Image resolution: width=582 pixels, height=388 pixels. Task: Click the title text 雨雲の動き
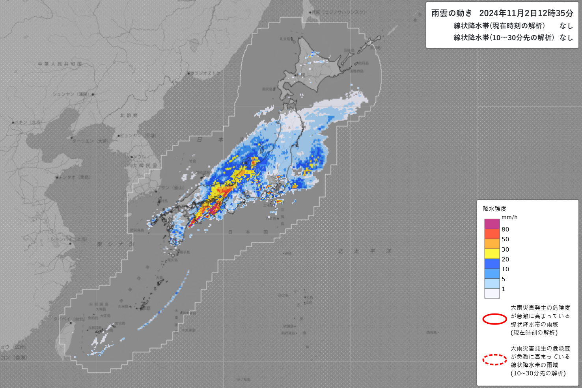pos(451,13)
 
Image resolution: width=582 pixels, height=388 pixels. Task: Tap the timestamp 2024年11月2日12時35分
pos(526,13)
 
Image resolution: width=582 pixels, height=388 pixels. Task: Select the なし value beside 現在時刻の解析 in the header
pos(566,26)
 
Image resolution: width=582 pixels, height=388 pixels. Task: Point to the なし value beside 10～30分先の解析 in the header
pos(566,37)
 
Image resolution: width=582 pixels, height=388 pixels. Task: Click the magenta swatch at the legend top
pos(492,224)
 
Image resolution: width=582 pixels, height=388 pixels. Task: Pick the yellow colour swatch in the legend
pos(492,254)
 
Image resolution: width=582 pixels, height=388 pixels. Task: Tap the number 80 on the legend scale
pos(505,229)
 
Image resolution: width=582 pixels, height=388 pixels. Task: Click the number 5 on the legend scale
pos(504,279)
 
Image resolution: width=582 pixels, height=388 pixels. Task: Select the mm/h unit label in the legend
pos(509,217)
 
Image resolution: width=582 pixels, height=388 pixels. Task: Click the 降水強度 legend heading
pos(494,209)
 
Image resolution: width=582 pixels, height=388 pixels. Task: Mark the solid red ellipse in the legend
pos(494,319)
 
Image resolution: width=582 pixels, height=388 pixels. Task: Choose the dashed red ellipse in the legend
pos(494,360)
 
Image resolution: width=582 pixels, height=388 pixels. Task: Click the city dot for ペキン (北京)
pos(13,123)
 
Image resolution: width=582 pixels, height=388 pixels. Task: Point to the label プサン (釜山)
pos(171,187)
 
